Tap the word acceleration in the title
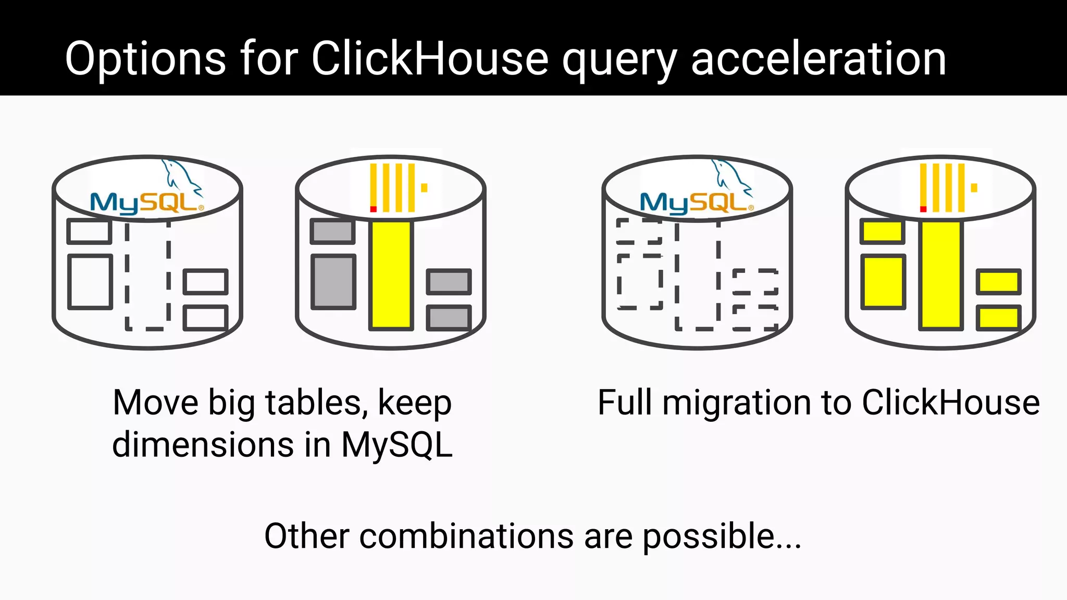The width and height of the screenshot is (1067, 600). [x=818, y=59]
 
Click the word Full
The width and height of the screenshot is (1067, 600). [x=625, y=403]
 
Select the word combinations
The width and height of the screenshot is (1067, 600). [x=466, y=536]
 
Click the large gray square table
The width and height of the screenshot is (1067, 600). [x=333, y=282]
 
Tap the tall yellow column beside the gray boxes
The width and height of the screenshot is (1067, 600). [x=391, y=275]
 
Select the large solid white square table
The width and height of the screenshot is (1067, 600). [x=90, y=282]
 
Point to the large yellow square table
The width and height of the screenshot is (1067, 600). [x=883, y=282]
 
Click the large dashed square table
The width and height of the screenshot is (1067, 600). [x=640, y=282]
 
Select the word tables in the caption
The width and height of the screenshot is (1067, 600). [x=313, y=403]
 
